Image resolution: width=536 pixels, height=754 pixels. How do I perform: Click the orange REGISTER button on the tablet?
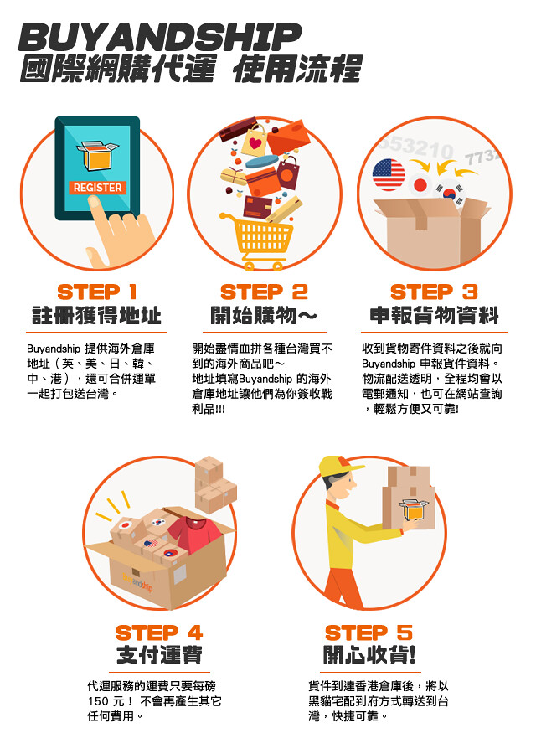tap(98, 188)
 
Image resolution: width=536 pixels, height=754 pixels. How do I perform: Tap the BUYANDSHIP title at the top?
tap(160, 38)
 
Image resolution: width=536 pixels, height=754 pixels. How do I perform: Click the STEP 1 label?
tap(97, 292)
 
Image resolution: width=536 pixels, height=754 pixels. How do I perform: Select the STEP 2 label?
tap(264, 292)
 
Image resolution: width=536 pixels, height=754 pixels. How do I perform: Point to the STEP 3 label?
tap(434, 292)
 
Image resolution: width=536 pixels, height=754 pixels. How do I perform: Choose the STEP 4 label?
tap(159, 633)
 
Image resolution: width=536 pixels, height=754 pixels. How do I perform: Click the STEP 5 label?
tap(368, 633)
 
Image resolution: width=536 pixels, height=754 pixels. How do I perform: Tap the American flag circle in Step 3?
tap(389, 175)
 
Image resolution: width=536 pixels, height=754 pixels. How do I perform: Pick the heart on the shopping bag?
tap(255, 143)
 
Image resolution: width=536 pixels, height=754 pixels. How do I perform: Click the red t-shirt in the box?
tap(193, 534)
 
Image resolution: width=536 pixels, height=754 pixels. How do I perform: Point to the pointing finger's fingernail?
tap(94, 202)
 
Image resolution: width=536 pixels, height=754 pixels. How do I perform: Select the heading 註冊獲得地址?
tap(96, 316)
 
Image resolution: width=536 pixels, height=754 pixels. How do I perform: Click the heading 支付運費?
tap(159, 655)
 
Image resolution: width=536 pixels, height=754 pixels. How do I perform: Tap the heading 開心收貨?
tap(369, 655)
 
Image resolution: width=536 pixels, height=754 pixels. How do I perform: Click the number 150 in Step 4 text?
tap(99, 701)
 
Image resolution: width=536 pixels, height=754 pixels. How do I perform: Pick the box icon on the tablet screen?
tap(97, 155)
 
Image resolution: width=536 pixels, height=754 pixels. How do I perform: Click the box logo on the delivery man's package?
tap(414, 509)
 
